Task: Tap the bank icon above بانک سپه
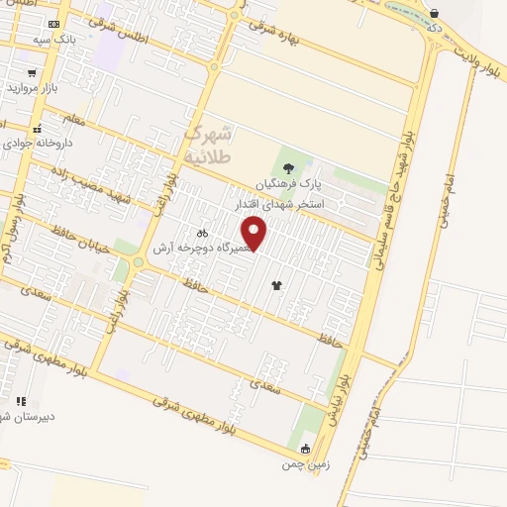click(x=52, y=24)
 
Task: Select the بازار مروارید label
click(x=34, y=88)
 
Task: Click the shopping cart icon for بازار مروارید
click(x=33, y=72)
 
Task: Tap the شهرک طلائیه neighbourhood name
click(x=207, y=145)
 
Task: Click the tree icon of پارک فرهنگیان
click(x=288, y=168)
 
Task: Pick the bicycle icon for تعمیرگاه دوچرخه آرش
click(x=202, y=232)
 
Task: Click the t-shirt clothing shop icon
click(x=275, y=284)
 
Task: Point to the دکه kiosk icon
click(x=435, y=13)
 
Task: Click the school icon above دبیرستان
click(x=21, y=401)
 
